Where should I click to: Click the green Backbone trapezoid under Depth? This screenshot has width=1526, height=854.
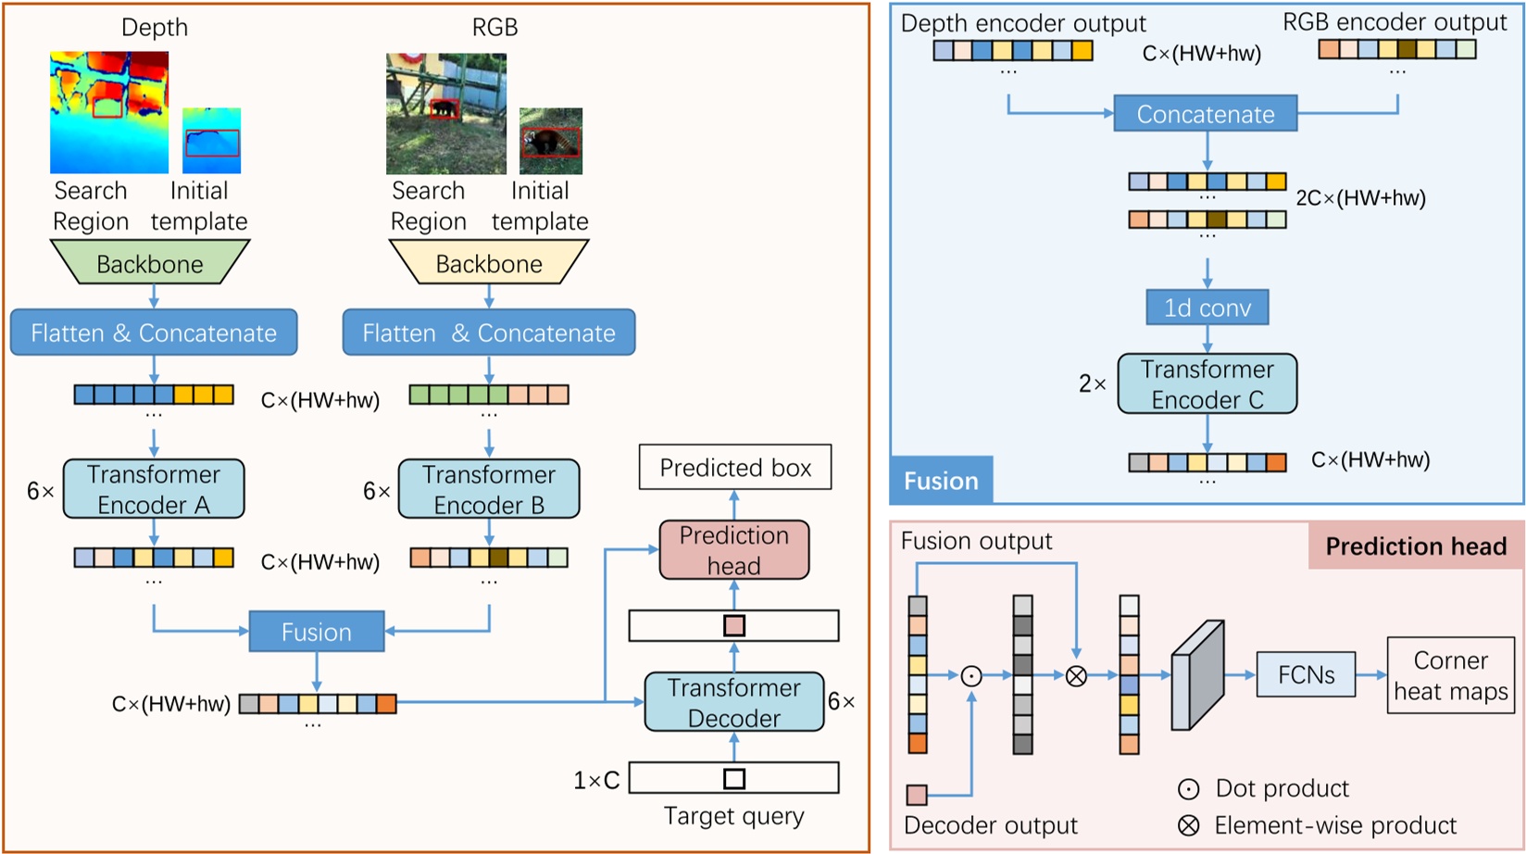click(150, 263)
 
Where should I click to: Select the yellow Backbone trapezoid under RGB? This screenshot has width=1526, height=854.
click(489, 263)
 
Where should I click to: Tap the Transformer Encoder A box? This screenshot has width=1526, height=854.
click(154, 489)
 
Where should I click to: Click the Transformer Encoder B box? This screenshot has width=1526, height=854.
click(489, 489)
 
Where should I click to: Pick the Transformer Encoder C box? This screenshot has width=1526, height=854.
click(1207, 383)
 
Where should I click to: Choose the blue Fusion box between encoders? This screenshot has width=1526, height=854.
click(317, 632)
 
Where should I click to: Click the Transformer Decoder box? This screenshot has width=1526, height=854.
click(734, 702)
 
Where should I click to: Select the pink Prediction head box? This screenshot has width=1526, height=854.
click(734, 550)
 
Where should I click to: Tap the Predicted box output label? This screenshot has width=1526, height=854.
click(735, 468)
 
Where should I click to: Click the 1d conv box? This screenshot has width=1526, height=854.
click(1207, 308)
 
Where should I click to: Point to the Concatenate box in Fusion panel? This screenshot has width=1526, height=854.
click(1205, 114)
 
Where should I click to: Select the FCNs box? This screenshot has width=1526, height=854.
click(1306, 674)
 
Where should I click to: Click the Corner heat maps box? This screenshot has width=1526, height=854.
click(1450, 675)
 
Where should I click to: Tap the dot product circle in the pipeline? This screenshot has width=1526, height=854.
click(971, 676)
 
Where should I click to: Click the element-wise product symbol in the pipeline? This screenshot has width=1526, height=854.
click(1076, 676)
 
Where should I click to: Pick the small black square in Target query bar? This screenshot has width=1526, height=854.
click(734, 779)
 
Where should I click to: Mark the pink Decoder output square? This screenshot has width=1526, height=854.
click(917, 795)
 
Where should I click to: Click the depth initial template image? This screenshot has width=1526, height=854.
click(211, 141)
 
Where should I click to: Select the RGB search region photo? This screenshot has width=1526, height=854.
click(446, 113)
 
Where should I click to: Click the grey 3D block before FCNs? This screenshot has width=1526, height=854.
click(1198, 676)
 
